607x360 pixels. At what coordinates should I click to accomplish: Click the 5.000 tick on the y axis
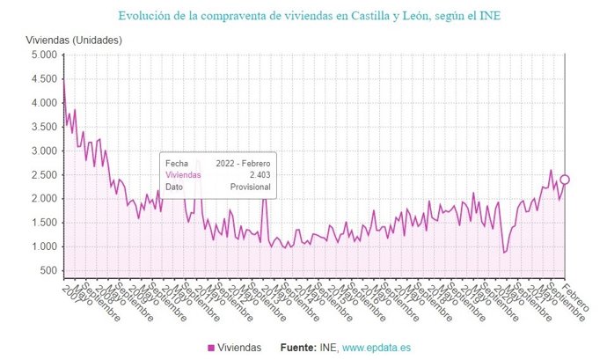[x=43, y=55]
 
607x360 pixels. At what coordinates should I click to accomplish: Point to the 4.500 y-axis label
[x=43, y=78]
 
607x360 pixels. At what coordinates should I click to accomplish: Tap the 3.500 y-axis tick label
[x=43, y=127]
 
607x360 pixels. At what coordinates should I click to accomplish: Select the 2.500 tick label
[x=43, y=174]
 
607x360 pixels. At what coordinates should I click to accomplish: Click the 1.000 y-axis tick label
[x=43, y=246]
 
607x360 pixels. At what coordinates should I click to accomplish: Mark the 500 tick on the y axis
[x=48, y=270]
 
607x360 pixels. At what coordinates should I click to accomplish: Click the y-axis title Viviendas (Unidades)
[x=72, y=40]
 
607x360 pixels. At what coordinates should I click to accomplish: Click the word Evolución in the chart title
[x=147, y=16]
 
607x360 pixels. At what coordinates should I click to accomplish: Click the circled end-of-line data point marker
[x=565, y=180]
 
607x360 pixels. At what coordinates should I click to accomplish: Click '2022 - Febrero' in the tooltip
[x=244, y=164]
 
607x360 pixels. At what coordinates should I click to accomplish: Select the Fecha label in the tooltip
[x=177, y=164]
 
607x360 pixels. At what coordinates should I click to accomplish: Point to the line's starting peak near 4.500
[x=63, y=79]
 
